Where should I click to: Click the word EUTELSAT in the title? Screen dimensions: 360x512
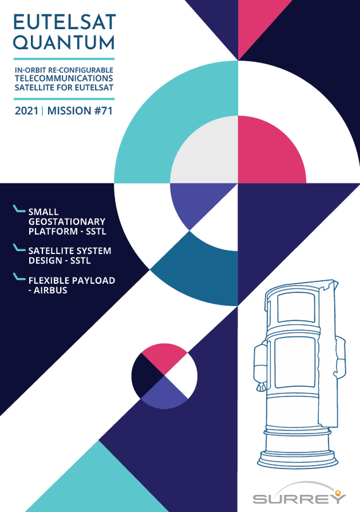[x=65, y=22]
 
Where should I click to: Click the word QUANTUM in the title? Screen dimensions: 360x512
[x=64, y=42]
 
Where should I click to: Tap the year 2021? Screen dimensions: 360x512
[x=27, y=111]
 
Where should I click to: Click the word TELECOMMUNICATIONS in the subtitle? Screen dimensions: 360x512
[x=64, y=78]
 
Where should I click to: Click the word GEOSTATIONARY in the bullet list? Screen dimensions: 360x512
[x=66, y=221]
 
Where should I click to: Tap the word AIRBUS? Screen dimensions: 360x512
[x=51, y=290]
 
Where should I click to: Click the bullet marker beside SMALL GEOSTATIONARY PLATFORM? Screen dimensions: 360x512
[x=19, y=209]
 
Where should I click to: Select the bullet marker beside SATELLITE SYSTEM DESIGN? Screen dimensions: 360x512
[x=19, y=248]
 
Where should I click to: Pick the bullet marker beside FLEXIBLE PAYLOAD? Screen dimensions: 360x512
[x=19, y=277]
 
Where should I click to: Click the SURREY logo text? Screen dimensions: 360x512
[x=299, y=498]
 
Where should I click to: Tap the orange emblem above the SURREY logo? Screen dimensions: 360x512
[x=338, y=492]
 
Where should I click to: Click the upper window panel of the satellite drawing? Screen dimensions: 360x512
[x=296, y=308]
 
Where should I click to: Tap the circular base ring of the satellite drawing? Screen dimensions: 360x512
[x=297, y=460]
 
